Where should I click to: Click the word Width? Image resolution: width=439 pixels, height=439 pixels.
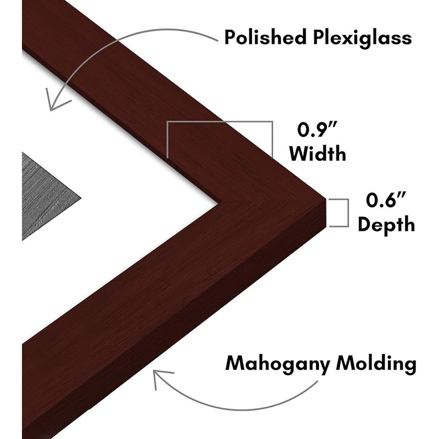(x=318, y=154)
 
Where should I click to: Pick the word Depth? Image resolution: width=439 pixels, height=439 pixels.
(x=385, y=224)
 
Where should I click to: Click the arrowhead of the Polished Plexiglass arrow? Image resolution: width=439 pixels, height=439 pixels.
(x=54, y=102)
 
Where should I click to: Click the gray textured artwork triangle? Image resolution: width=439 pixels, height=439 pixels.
(x=44, y=195)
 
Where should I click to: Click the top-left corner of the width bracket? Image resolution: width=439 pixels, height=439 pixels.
(x=167, y=122)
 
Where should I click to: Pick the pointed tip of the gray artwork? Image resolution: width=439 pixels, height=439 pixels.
(x=81, y=195)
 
